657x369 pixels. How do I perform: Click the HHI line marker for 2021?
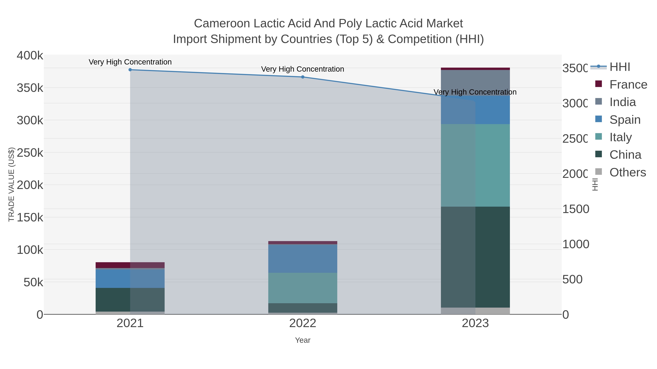tap(130, 70)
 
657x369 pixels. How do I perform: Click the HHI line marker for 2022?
tap(303, 77)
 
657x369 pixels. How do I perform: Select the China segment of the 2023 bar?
tap(475, 257)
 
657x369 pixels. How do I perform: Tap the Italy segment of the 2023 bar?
tap(475, 165)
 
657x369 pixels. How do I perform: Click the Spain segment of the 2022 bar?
tap(303, 258)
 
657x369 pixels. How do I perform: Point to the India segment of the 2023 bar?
tap(475, 83)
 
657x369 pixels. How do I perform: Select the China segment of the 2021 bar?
tap(130, 300)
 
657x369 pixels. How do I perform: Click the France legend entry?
tap(628, 85)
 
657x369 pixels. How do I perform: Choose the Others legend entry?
tap(627, 172)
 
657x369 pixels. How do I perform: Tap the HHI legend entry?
tap(620, 67)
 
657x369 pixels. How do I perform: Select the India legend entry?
tap(622, 102)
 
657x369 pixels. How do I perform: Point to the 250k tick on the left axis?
tap(30, 153)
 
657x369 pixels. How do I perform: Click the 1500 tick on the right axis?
tap(576, 209)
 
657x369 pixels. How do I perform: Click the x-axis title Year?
tap(303, 340)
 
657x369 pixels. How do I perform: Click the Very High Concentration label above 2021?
tap(130, 62)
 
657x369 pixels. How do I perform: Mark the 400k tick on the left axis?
tap(30, 56)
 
